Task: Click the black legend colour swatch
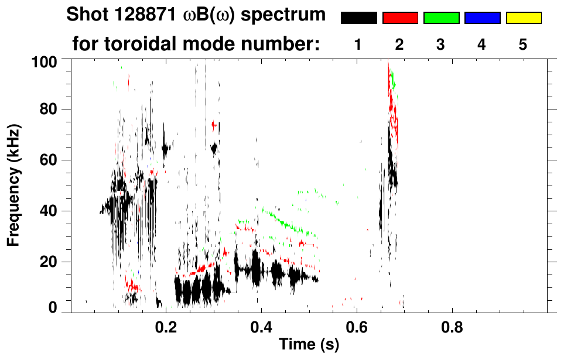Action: coord(358,18)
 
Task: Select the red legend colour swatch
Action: coord(399,18)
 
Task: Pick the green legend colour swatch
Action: coord(441,18)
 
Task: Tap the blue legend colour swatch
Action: coord(482,18)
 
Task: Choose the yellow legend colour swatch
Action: coord(523,18)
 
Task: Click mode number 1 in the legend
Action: coord(358,45)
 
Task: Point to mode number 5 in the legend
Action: coord(523,45)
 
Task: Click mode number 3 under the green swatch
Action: coord(441,45)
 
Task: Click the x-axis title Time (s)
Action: coord(309,345)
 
